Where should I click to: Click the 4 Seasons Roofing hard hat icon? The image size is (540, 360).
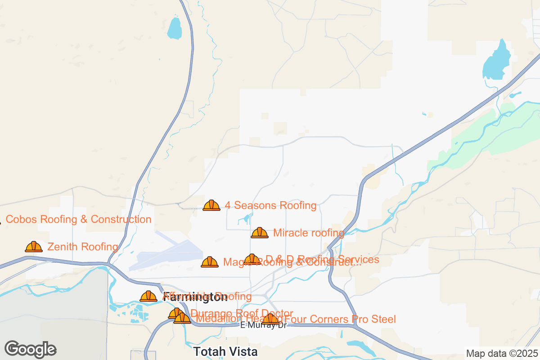[211, 206]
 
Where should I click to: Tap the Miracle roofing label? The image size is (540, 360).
[309, 233]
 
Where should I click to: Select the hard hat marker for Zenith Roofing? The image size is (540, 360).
[34, 247]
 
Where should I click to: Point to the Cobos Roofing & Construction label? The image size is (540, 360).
[79, 220]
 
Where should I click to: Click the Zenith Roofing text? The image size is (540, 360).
[83, 247]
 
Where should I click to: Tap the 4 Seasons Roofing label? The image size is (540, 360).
[270, 206]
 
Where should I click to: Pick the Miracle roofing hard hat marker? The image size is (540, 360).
[260, 233]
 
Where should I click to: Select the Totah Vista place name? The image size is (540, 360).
[225, 351]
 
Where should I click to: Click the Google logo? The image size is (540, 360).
[31, 349]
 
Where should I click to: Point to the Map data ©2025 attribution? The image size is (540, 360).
[501, 353]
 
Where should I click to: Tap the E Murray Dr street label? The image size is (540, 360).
[264, 325]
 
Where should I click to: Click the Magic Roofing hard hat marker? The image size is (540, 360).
[210, 262]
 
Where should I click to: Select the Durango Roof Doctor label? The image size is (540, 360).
[242, 313]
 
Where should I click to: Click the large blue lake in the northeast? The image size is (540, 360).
[497, 61]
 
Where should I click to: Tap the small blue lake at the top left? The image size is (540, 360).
[174, 28]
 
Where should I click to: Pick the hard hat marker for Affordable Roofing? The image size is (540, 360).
[148, 296]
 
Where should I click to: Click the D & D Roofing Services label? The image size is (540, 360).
[322, 259]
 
